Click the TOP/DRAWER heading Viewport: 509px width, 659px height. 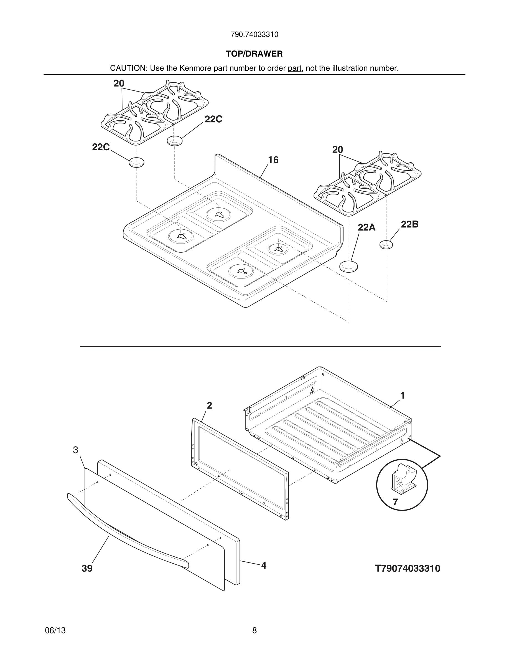coord(254,54)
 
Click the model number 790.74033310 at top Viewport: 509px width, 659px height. coord(254,35)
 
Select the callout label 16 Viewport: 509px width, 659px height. coord(273,160)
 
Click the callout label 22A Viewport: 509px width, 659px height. coord(367,227)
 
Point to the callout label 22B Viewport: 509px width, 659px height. coord(409,224)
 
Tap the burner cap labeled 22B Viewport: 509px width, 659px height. coord(386,244)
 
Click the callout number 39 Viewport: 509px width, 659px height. coord(87,569)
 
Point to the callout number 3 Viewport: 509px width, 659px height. coord(76,450)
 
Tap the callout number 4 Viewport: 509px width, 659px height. coord(264,566)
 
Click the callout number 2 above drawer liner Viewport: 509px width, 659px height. coord(209,405)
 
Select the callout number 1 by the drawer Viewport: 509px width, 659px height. coord(402,395)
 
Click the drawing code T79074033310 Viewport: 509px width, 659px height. coord(407,569)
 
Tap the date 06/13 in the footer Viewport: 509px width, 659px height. coord(55,630)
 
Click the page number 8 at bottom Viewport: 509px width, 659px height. coord(254,630)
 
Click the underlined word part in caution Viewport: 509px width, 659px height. coord(294,68)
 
